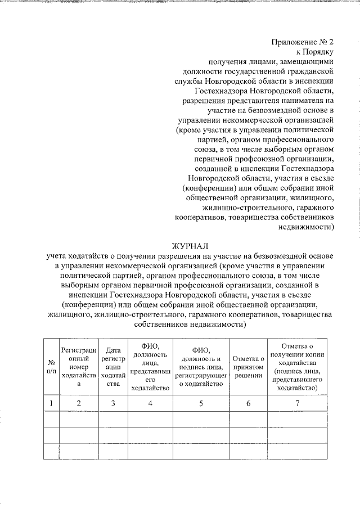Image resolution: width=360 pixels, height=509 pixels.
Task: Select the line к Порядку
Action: coord(315,52)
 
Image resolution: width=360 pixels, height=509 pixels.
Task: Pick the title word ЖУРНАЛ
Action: coord(190,245)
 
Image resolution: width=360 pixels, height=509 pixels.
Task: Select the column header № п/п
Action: coord(51,368)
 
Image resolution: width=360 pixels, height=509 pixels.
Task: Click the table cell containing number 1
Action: coord(51,403)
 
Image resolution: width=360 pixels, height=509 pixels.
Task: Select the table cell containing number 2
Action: coord(79,403)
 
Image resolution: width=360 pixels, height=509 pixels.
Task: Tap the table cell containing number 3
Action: coord(114,403)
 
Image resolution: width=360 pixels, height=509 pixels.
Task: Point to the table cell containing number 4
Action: coord(150,403)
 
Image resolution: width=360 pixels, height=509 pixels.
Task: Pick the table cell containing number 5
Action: coord(201,403)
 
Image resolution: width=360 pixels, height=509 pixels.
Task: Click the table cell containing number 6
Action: coord(249,403)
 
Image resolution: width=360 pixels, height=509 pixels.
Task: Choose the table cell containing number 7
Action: coord(297,403)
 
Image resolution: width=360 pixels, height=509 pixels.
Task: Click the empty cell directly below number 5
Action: coord(201,420)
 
